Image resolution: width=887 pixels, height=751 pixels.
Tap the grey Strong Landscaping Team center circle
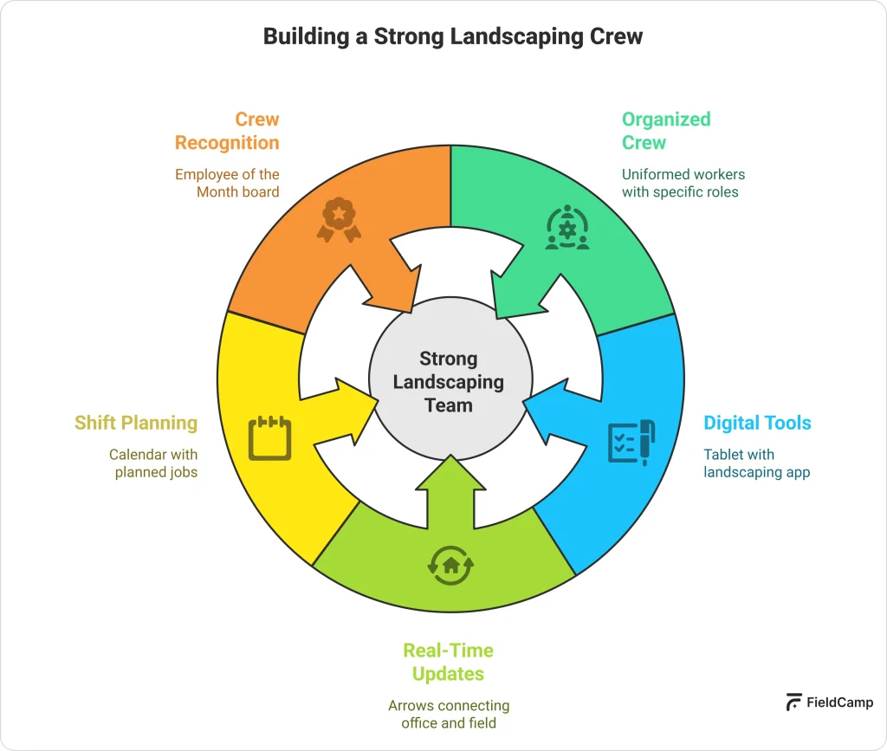[x=448, y=381]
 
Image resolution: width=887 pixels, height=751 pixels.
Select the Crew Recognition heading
[x=227, y=131]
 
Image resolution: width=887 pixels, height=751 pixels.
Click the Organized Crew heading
[x=666, y=131]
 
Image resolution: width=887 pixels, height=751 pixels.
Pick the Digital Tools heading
[x=757, y=423]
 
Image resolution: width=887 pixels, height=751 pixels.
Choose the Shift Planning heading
[x=136, y=423]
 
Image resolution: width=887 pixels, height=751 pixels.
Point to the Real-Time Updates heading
[x=448, y=662]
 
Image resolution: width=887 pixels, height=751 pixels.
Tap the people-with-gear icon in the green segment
[x=567, y=228]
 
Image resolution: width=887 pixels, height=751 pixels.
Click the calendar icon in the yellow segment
[x=269, y=438]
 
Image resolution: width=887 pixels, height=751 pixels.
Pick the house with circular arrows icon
[x=450, y=565]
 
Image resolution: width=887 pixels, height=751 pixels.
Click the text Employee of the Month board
[x=227, y=183]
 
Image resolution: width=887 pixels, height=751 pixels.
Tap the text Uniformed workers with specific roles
[x=683, y=183]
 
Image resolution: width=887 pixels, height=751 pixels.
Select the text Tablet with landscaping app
[x=756, y=463]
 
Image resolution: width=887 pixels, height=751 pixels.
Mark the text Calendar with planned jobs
[x=154, y=463]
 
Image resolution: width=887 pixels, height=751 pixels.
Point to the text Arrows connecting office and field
[x=448, y=715]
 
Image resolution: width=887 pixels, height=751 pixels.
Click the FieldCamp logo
[x=829, y=702]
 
